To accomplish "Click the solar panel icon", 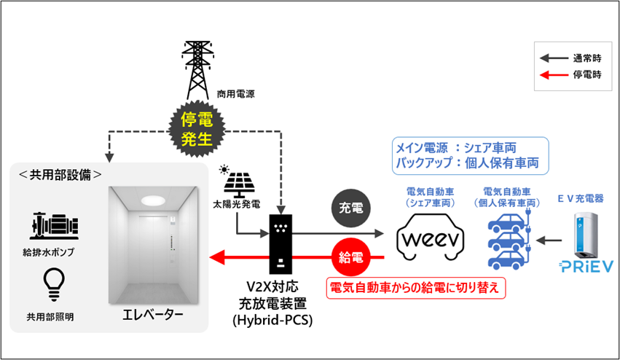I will point(237,187).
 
